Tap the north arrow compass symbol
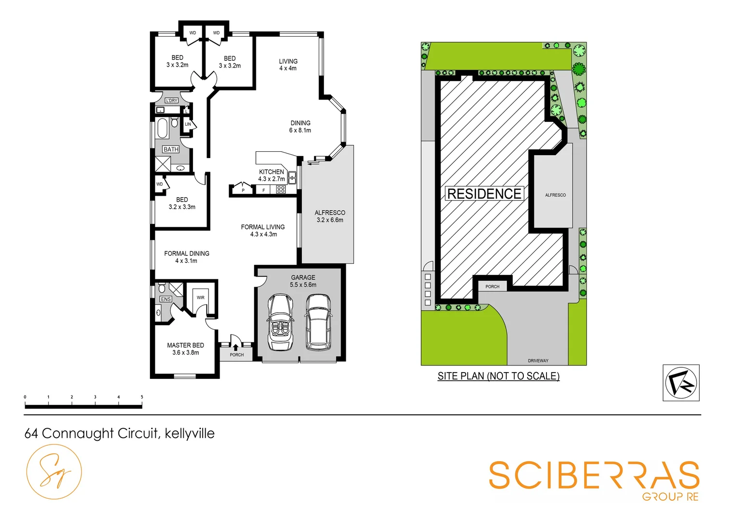point(680,383)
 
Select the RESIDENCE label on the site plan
point(484,194)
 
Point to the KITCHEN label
point(271,172)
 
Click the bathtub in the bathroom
point(162,129)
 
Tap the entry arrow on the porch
point(236,347)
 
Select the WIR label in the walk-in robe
point(200,298)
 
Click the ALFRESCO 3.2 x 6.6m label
point(330,216)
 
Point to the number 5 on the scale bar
point(142,397)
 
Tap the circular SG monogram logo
point(54,472)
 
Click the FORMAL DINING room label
point(187,257)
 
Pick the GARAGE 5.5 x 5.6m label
point(303,281)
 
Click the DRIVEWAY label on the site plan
point(538,361)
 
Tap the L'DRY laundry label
point(172,101)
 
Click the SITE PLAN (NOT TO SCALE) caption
point(498,376)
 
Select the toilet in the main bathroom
point(175,121)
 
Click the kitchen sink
point(292,177)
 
